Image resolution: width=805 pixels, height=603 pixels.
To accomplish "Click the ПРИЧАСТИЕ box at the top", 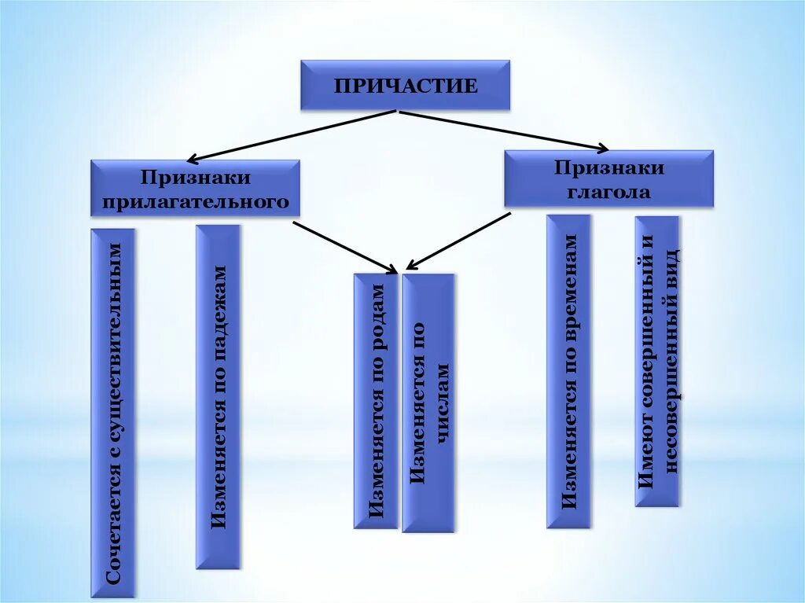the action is coord(405,85).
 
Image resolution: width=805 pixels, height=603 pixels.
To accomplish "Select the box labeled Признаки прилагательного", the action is coord(195,188).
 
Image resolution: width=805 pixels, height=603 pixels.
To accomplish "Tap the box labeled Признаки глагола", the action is coord(608,179).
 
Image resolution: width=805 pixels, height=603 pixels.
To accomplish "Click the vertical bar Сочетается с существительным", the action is coord(113,413).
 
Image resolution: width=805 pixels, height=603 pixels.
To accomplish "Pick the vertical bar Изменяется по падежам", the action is coord(218,396).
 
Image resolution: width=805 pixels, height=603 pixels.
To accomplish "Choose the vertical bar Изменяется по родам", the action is coord(377,401).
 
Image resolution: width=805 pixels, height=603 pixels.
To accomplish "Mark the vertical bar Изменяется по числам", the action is coord(428,403).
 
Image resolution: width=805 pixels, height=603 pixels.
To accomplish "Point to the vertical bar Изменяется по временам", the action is coord(568,371).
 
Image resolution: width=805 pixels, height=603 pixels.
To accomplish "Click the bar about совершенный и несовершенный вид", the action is coord(657,361).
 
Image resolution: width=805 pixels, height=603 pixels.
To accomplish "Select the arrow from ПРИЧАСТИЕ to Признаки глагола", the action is coord(503,130).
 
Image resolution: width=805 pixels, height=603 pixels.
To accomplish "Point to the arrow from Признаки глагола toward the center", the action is coord(460,241).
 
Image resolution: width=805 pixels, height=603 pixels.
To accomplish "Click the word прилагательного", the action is coord(196,202).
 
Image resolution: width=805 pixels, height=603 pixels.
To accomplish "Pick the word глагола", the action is coord(608,192).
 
